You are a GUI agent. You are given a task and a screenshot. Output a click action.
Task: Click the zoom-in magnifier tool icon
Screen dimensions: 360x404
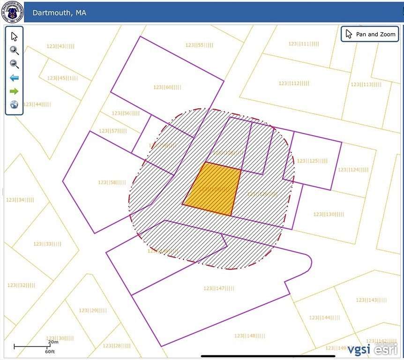(14, 50)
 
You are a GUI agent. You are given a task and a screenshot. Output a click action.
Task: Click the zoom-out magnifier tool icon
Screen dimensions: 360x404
(14, 64)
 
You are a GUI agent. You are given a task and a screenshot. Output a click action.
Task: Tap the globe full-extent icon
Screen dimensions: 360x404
(14, 105)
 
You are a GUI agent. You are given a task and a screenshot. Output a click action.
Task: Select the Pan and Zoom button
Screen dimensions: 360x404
(370, 34)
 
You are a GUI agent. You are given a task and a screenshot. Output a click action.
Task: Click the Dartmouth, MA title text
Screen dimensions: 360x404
(59, 13)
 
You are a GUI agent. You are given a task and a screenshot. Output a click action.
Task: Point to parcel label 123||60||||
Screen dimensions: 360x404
(167, 87)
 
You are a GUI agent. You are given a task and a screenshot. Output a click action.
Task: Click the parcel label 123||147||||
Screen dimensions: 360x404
(219, 288)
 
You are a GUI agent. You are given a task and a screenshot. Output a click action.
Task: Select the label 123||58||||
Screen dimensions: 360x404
(112, 182)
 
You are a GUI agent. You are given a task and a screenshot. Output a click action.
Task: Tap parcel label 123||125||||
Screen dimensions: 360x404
(312, 161)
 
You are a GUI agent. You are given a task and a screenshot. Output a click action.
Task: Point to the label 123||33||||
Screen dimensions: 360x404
(47, 244)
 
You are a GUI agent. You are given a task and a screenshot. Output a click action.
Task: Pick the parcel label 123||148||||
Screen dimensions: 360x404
(250, 336)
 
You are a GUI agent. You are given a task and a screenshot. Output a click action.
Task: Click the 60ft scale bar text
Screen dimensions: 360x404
(50, 351)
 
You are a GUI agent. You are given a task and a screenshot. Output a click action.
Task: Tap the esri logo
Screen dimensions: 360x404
(385, 349)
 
